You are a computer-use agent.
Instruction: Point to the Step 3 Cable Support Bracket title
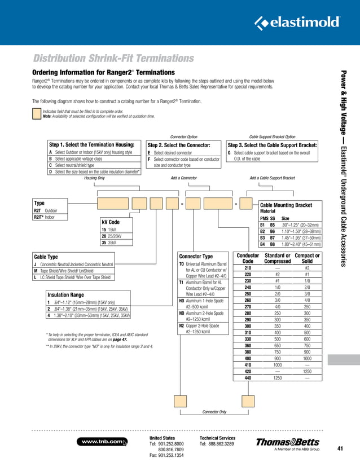[x=272, y=145]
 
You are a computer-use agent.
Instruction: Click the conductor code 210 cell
[x=248, y=268]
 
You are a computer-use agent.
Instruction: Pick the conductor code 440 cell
[x=248, y=378]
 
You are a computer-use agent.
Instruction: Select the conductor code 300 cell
[x=248, y=326]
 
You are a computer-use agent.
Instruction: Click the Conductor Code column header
[x=248, y=258]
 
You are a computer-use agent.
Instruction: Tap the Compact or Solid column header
[x=307, y=258]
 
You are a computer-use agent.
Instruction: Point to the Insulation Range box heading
[x=67, y=294]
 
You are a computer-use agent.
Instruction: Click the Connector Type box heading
[x=196, y=257]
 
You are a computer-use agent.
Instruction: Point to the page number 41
[x=340, y=448]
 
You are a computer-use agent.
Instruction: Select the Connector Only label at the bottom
[x=214, y=412]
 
